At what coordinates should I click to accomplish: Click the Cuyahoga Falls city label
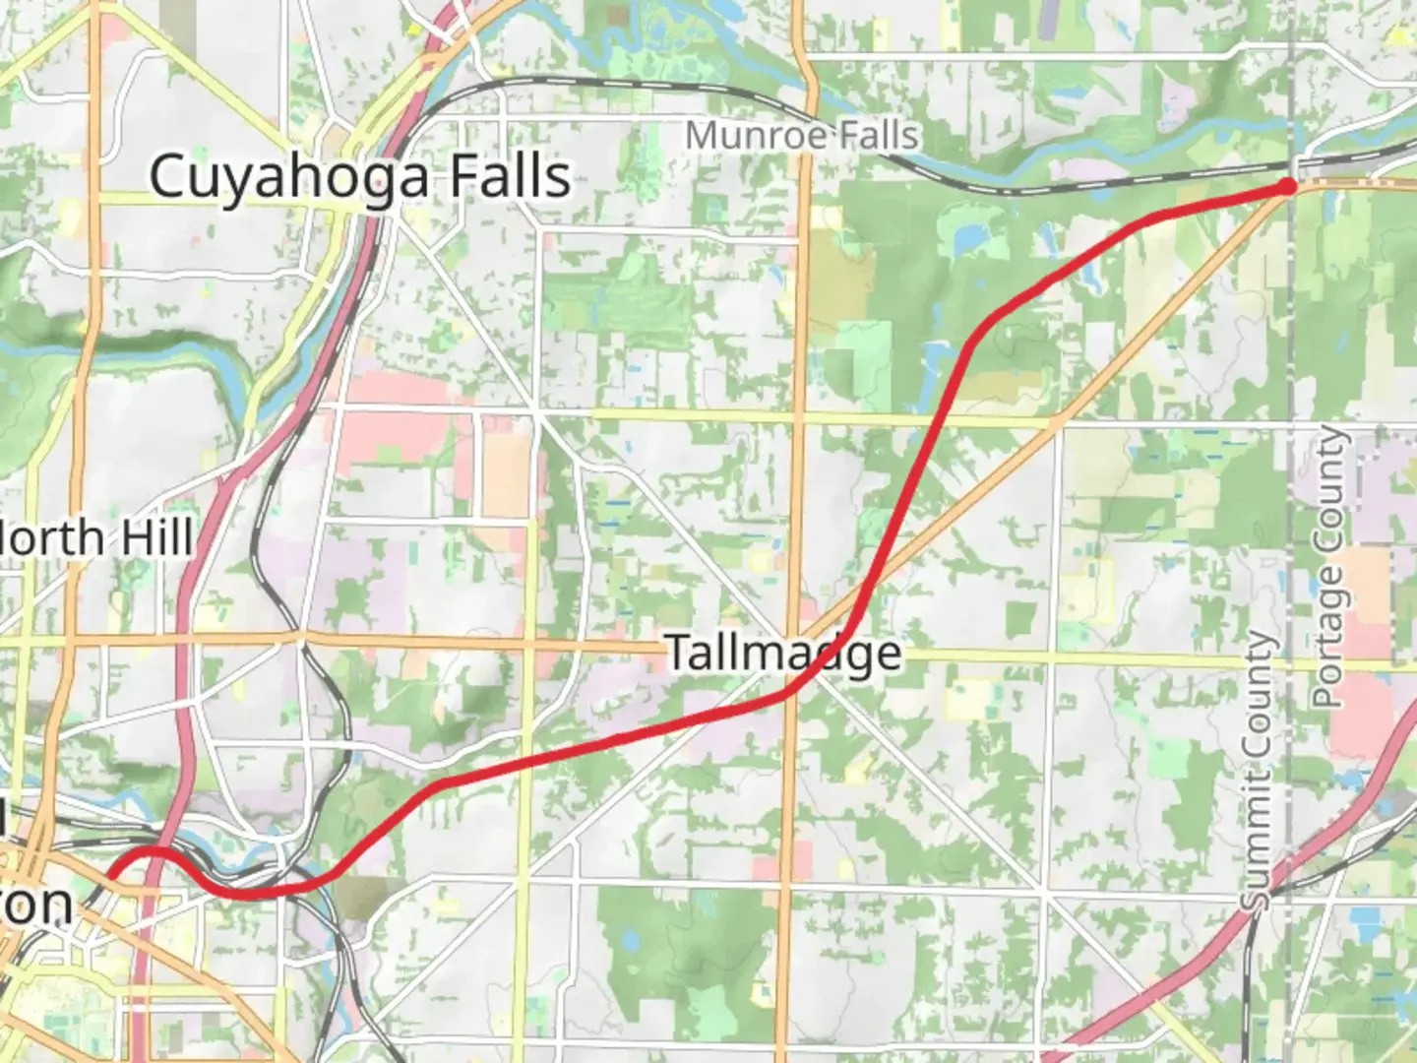(x=360, y=177)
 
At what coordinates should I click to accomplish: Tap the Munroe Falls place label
(x=802, y=136)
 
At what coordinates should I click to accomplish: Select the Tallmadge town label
(x=784, y=654)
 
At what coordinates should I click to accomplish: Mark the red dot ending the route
(x=1287, y=185)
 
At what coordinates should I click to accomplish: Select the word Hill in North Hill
(x=154, y=538)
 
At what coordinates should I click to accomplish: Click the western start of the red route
(x=110, y=874)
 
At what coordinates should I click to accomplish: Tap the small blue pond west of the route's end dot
(x=970, y=237)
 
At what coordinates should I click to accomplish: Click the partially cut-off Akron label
(x=35, y=904)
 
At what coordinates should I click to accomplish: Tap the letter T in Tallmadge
(x=679, y=653)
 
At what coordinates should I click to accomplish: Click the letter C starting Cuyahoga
(x=167, y=177)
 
